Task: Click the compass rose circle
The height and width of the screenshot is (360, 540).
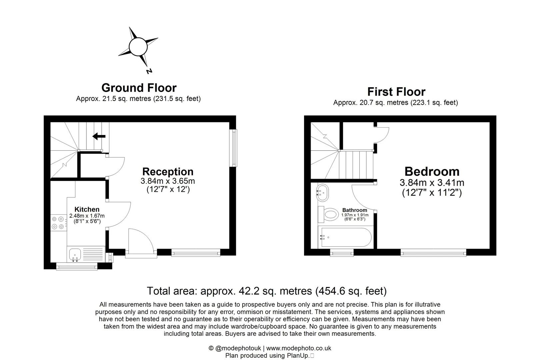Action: click(138, 47)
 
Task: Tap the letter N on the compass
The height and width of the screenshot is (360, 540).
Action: click(149, 71)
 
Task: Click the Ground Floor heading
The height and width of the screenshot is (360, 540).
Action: click(139, 88)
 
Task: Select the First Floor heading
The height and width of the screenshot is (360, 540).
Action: click(396, 92)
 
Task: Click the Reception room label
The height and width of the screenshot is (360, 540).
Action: click(168, 172)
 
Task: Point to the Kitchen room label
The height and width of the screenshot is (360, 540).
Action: click(87, 209)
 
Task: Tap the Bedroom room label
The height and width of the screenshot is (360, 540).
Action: click(432, 171)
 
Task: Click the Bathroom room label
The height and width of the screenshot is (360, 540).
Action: click(354, 210)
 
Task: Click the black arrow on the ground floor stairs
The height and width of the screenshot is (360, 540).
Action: click(99, 136)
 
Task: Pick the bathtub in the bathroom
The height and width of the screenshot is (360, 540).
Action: click(345, 237)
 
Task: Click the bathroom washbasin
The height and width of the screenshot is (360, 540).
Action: click(323, 192)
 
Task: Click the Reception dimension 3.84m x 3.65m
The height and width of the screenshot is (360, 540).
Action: click(168, 181)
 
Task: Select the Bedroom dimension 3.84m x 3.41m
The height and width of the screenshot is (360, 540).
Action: click(432, 183)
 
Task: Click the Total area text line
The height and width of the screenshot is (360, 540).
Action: click(267, 291)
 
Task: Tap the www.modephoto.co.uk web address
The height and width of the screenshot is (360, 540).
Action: click(299, 348)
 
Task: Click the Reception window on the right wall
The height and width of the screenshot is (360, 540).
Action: click(235, 148)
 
